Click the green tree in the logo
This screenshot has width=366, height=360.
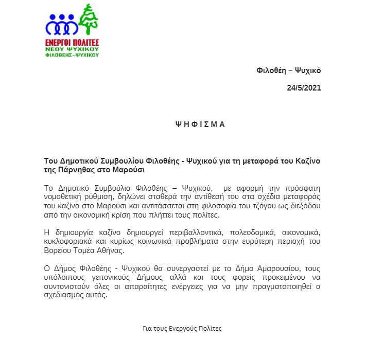[x=90, y=20]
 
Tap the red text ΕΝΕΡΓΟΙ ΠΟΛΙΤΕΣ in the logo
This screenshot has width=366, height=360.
[x=73, y=42]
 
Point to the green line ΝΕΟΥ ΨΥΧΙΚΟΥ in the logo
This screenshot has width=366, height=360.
[x=73, y=48]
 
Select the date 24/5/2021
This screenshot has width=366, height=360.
[x=304, y=87]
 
